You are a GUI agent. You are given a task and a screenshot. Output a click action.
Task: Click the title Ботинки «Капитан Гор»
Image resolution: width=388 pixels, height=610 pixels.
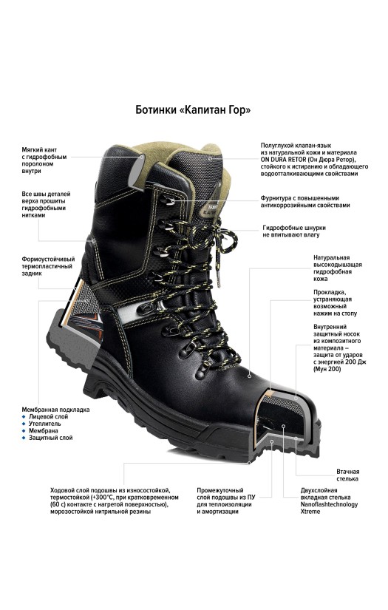(x=193, y=110)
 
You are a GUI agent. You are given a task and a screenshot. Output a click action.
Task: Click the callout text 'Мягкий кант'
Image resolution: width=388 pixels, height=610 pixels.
(x=39, y=150)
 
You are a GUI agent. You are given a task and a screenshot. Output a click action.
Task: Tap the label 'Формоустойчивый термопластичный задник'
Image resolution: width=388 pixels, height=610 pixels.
(x=48, y=266)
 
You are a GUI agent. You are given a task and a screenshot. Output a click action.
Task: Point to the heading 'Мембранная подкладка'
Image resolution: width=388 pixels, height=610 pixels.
(x=55, y=410)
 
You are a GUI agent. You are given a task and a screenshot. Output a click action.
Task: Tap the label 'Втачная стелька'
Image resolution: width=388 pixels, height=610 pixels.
(x=347, y=475)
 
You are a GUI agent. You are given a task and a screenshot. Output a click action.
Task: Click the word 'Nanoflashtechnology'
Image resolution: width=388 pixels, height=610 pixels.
(x=329, y=504)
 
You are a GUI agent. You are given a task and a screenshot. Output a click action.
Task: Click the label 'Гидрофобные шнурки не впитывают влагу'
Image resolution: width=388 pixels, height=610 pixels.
(x=294, y=231)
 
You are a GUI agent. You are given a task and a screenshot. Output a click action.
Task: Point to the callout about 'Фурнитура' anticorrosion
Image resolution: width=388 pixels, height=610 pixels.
(x=305, y=202)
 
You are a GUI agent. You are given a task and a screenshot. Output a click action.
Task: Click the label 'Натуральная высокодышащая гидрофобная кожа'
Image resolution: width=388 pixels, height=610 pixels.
(x=338, y=268)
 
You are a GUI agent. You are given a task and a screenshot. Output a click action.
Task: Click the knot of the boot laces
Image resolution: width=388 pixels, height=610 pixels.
(x=220, y=230)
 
